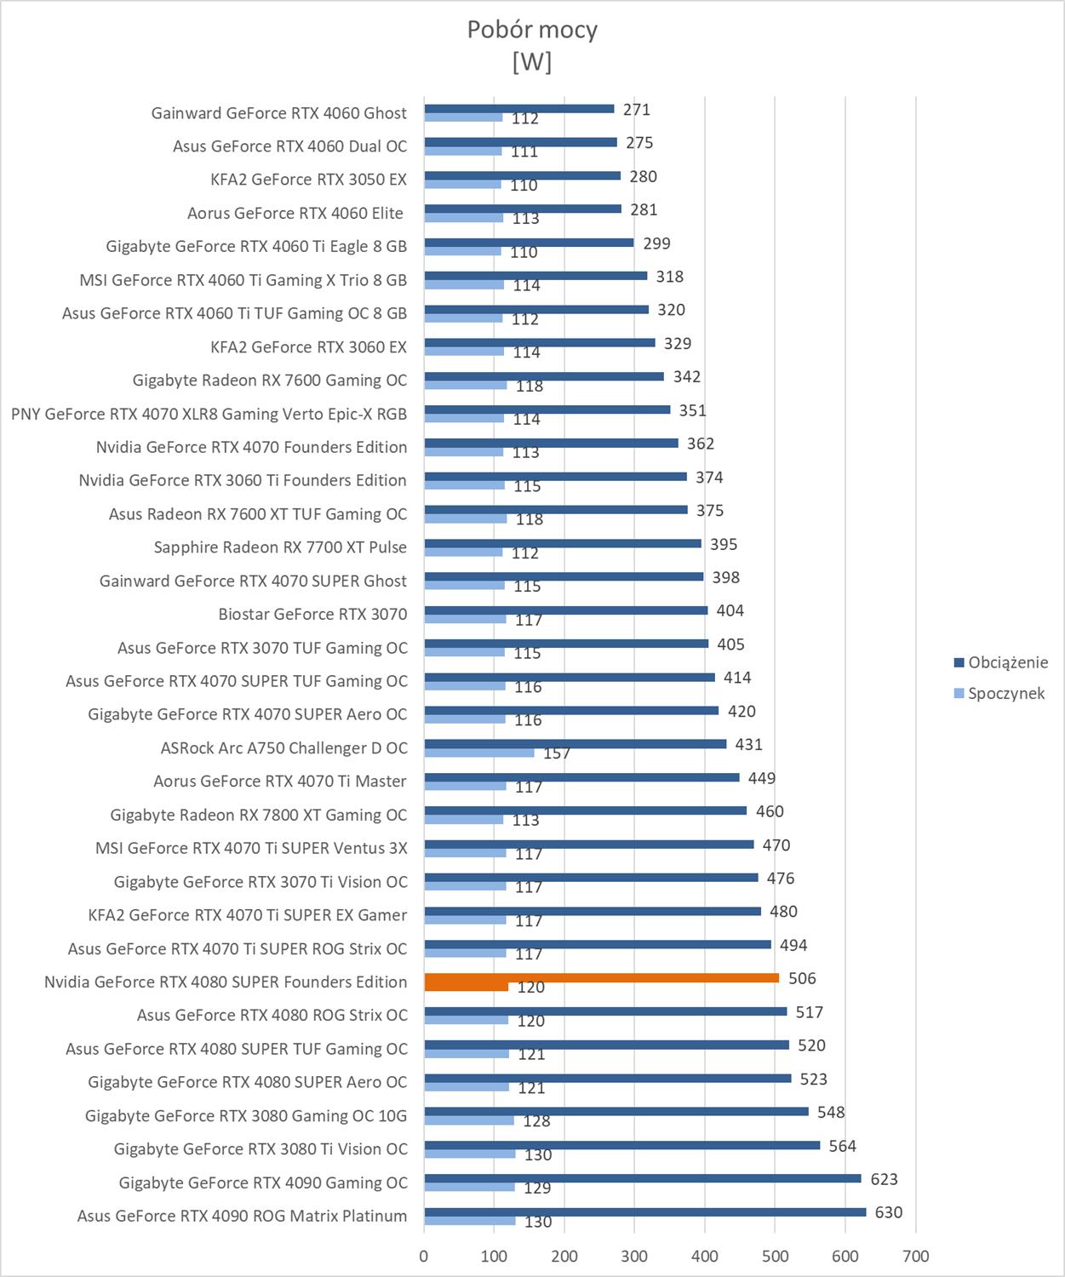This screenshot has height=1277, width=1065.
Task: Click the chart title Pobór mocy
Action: click(x=532, y=30)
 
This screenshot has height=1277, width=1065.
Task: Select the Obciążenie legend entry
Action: click(x=1007, y=662)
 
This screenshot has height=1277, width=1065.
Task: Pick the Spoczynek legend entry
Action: click(x=1005, y=693)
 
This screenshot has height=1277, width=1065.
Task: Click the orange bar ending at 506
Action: click(x=601, y=978)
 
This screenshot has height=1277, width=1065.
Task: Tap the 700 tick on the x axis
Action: click(x=915, y=1256)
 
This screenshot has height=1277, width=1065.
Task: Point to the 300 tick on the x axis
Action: click(x=634, y=1256)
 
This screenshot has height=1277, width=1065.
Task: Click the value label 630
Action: click(x=888, y=1212)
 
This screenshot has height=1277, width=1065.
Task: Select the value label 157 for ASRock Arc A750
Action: click(x=557, y=753)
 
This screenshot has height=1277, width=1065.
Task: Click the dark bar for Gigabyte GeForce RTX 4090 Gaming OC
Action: click(x=643, y=1178)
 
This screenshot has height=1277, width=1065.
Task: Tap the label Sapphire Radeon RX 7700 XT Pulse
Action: click(x=280, y=547)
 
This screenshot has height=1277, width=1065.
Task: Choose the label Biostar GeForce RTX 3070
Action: click(x=312, y=614)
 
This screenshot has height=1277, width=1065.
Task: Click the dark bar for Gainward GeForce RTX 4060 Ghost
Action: click(x=519, y=109)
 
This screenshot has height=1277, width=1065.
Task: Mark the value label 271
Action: click(x=636, y=110)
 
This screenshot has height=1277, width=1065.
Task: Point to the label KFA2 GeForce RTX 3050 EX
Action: click(x=308, y=180)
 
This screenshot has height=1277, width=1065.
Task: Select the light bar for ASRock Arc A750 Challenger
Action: click(x=479, y=753)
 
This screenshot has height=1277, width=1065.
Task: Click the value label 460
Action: click(x=770, y=811)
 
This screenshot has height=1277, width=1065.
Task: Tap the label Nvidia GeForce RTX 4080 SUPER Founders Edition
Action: click(x=226, y=982)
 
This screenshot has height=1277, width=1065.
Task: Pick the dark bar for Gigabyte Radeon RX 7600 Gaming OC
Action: click(x=544, y=376)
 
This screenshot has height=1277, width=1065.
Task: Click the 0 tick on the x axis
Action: click(x=424, y=1256)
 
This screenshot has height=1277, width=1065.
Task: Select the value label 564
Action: click(x=842, y=1146)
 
